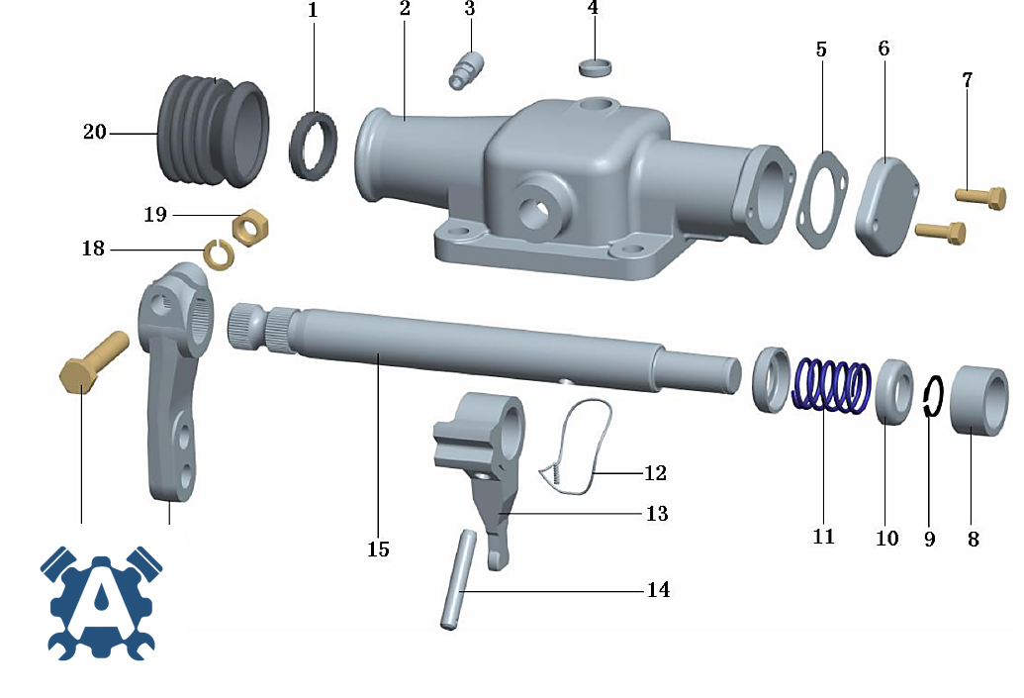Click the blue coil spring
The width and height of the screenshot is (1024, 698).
[x=831, y=385]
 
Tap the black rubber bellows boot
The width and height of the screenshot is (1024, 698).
[x=213, y=131]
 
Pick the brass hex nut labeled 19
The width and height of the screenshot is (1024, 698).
[x=250, y=227]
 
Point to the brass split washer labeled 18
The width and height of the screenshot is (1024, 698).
[x=218, y=254]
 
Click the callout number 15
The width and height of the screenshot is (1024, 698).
[x=378, y=548]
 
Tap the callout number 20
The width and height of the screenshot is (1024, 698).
[x=95, y=132]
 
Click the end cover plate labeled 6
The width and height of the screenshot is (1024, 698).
[x=887, y=206]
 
